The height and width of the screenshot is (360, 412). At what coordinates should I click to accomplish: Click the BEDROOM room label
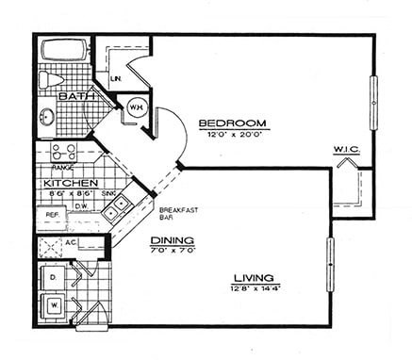click(x=233, y=123)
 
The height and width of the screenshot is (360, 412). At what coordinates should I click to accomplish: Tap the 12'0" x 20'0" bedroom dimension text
click(x=233, y=136)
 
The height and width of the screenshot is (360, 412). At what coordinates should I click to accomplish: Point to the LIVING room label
click(x=254, y=278)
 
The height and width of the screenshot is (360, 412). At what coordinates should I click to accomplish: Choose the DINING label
click(x=173, y=240)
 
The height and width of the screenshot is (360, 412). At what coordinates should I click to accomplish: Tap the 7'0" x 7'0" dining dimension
click(x=173, y=252)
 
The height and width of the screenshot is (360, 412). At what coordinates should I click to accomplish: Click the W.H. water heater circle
click(x=135, y=106)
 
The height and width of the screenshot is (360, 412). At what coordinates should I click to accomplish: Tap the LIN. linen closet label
click(x=115, y=78)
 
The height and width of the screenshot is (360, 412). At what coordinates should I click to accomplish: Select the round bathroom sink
click(x=48, y=117)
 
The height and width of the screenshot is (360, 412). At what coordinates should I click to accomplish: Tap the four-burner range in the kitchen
click(x=62, y=153)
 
